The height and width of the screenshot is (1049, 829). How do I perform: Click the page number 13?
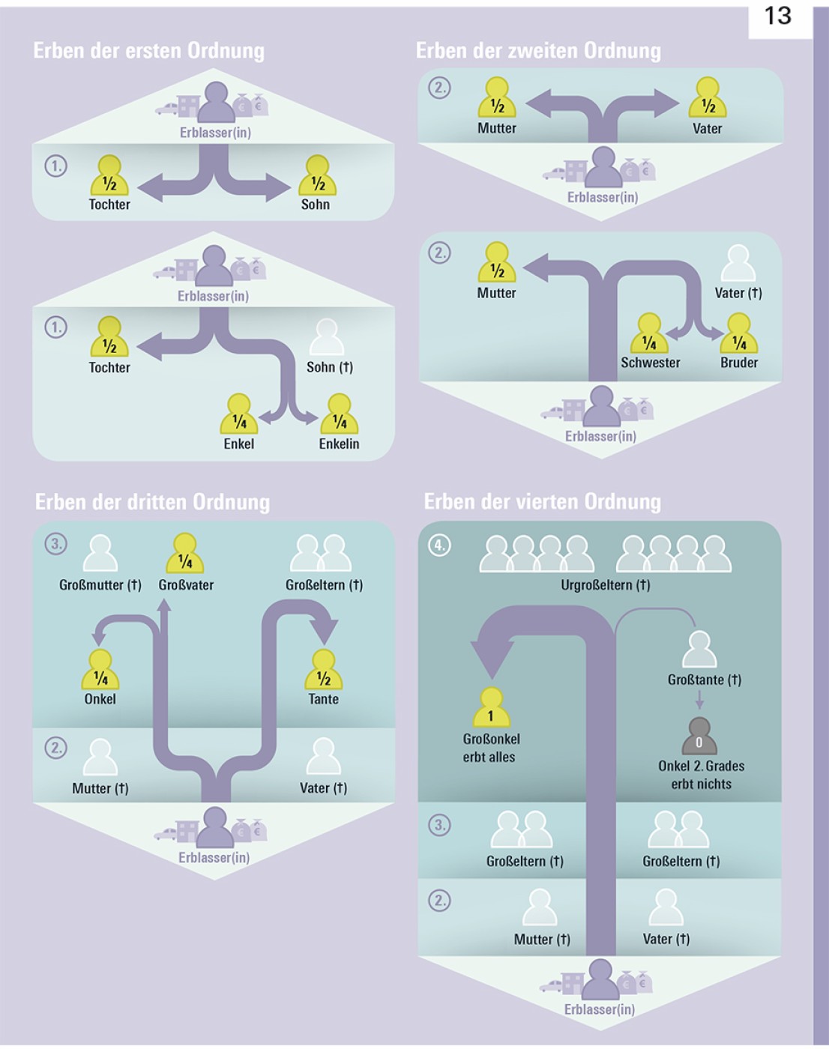pyautogui.click(x=778, y=16)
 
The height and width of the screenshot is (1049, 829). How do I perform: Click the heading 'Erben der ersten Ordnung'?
pyautogui.click(x=149, y=51)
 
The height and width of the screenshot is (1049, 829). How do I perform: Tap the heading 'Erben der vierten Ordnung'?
pyautogui.click(x=542, y=501)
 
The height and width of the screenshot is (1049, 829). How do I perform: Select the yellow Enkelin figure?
pyautogui.click(x=340, y=414)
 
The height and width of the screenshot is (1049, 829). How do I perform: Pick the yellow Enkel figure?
pyautogui.click(x=239, y=414)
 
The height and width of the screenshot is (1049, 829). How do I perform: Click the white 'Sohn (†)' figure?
pyautogui.click(x=327, y=338)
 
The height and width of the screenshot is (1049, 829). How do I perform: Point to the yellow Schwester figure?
pyautogui.click(x=649, y=334)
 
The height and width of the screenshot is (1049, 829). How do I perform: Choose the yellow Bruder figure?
pyautogui.click(x=739, y=334)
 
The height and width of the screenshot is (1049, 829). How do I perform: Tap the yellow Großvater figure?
pyautogui.click(x=185, y=554)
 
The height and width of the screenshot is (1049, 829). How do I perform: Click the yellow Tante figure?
pyautogui.click(x=324, y=670)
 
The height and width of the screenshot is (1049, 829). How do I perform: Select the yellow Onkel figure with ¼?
pyautogui.click(x=100, y=670)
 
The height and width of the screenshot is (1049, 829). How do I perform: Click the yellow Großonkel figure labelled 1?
pyautogui.click(x=491, y=708)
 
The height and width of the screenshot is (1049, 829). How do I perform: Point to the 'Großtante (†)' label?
pyautogui.click(x=704, y=680)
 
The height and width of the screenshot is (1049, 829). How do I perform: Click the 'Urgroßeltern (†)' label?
pyautogui.click(x=606, y=584)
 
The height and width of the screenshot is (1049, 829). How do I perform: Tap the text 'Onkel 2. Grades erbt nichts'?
pyautogui.click(x=701, y=775)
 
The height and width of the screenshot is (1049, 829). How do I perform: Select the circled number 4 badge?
pyautogui.click(x=439, y=545)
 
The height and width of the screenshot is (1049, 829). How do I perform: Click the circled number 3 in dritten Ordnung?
pyautogui.click(x=56, y=544)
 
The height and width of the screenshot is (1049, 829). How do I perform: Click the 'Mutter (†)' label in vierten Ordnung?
pyautogui.click(x=542, y=939)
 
